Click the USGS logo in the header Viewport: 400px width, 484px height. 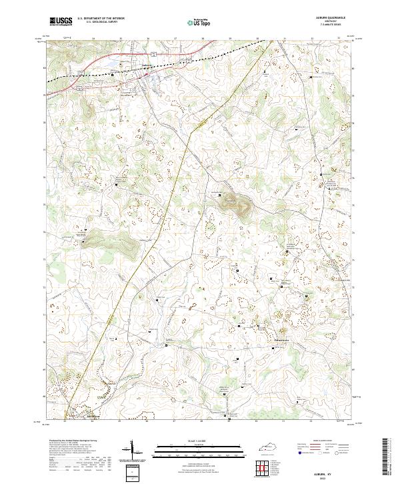click(x=61, y=21)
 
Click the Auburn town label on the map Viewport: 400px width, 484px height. click(x=146, y=65)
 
